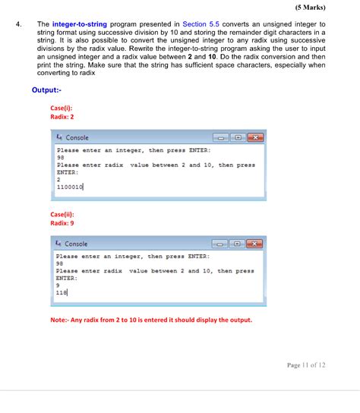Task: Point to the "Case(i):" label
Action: (x=62, y=108)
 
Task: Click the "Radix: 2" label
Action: (x=62, y=117)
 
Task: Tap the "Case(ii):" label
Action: (x=62, y=214)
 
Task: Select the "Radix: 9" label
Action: (x=62, y=223)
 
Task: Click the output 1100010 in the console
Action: (x=70, y=186)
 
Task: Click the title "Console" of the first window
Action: (x=77, y=137)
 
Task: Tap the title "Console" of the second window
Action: (x=77, y=244)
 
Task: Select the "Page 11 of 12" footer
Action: (x=306, y=365)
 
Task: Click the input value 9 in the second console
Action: (x=58, y=285)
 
